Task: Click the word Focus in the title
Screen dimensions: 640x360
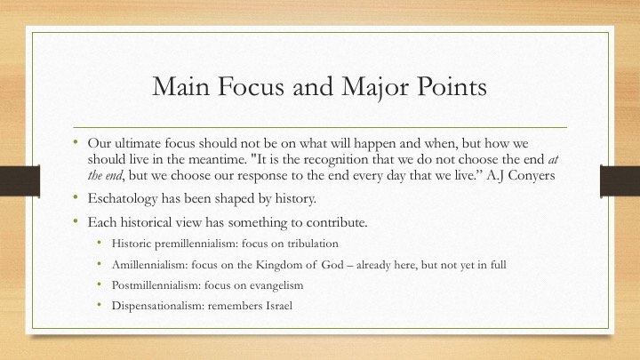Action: pyautogui.click(x=251, y=86)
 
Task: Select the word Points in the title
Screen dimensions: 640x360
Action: pyautogui.click(x=452, y=86)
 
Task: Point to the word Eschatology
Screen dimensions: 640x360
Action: pyautogui.click(x=123, y=199)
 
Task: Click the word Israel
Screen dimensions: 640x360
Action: pyautogui.click(x=279, y=306)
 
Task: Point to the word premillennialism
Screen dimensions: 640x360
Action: pyautogui.click(x=196, y=244)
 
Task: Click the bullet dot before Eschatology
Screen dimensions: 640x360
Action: pyautogui.click(x=76, y=197)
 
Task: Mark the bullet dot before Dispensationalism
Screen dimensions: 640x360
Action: pyautogui.click(x=100, y=304)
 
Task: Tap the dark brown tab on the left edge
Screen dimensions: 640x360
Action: pyautogui.click(x=20, y=181)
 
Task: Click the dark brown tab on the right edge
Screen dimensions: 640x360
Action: pyautogui.click(x=620, y=181)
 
